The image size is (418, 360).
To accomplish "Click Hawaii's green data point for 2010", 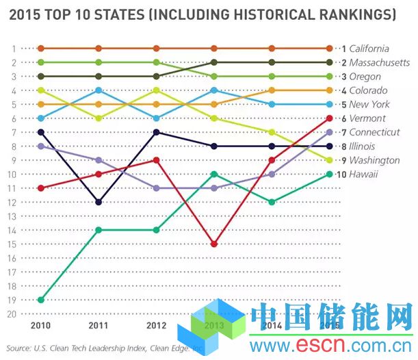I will click(41, 300).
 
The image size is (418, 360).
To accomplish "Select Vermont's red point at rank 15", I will click(214, 244).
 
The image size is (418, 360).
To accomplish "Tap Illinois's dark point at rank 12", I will click(99, 202).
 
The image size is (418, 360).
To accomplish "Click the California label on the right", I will click(369, 49).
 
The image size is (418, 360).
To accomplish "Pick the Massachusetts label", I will click(379, 62).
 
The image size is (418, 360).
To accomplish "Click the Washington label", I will click(374, 160).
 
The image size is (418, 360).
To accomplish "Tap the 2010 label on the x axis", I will click(41, 324).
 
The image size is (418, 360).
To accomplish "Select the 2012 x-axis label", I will click(157, 324).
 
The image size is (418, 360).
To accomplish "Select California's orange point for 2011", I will click(99, 49).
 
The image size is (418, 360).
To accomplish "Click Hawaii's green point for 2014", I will click(272, 202).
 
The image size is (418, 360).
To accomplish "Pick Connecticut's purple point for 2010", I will click(41, 146).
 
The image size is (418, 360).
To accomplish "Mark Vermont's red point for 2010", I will click(41, 188).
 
